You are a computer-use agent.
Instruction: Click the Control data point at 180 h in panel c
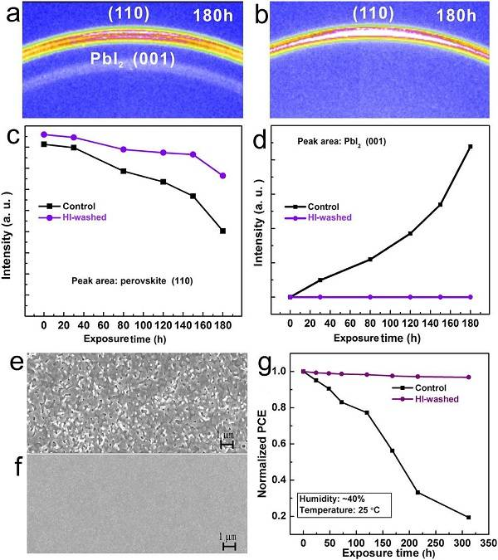click(222, 231)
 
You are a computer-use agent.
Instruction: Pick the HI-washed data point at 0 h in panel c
click(44, 134)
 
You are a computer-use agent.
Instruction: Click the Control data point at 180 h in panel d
click(471, 147)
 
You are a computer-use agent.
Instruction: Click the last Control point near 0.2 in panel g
click(468, 517)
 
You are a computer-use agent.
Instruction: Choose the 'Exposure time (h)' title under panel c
click(133, 338)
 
